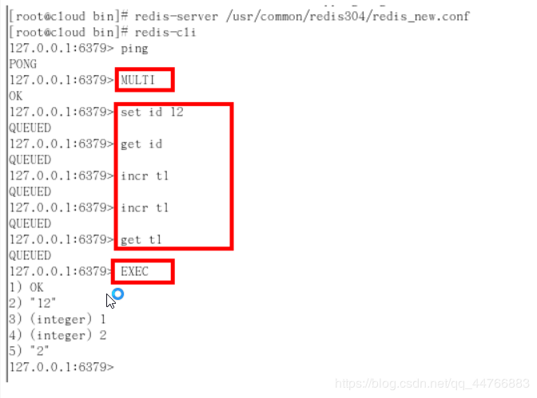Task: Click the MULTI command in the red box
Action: [137, 80]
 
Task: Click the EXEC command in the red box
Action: [134, 271]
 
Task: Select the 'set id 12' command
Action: [152, 112]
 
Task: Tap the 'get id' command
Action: [141, 144]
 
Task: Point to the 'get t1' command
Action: [141, 240]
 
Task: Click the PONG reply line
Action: [22, 64]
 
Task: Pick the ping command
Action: [134, 49]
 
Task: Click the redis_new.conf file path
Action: [348, 16]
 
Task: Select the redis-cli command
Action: [165, 32]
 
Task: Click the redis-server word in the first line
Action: [176, 16]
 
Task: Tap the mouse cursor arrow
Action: [110, 301]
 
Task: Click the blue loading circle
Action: [117, 294]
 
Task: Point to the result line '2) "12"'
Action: [32, 303]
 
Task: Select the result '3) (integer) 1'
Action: [58, 319]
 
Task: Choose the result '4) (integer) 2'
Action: [58, 335]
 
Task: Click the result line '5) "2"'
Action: [29, 351]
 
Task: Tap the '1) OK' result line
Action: [26, 287]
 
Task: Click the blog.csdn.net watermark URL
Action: [432, 384]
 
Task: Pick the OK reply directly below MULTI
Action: [16, 96]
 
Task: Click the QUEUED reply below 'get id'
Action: [30, 160]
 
